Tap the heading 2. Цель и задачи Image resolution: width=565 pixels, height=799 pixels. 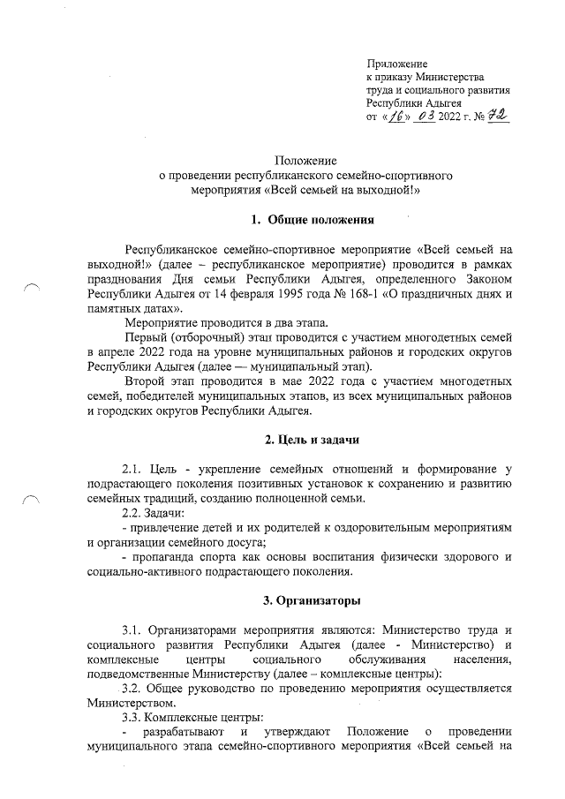coord(313,440)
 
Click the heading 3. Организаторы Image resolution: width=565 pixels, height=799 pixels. coord(313,601)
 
